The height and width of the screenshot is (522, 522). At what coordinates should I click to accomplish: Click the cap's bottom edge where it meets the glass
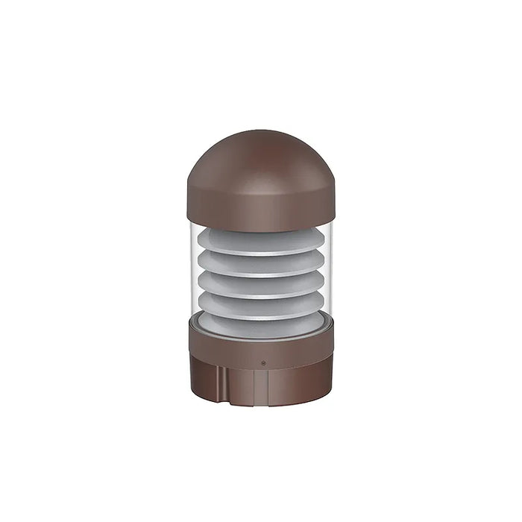(260, 229)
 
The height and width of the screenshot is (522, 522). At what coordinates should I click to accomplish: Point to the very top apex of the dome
(260, 132)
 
